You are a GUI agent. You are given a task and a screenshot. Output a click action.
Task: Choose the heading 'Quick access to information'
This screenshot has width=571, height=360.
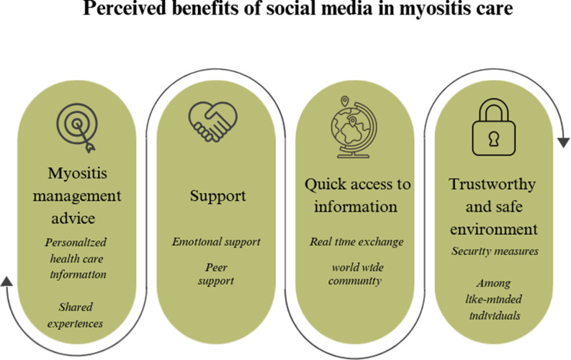point(357,195)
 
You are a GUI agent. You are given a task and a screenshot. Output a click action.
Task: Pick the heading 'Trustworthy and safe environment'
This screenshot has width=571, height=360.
point(494,207)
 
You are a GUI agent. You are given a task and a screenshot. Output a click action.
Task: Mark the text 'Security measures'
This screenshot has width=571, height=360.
point(494,251)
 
